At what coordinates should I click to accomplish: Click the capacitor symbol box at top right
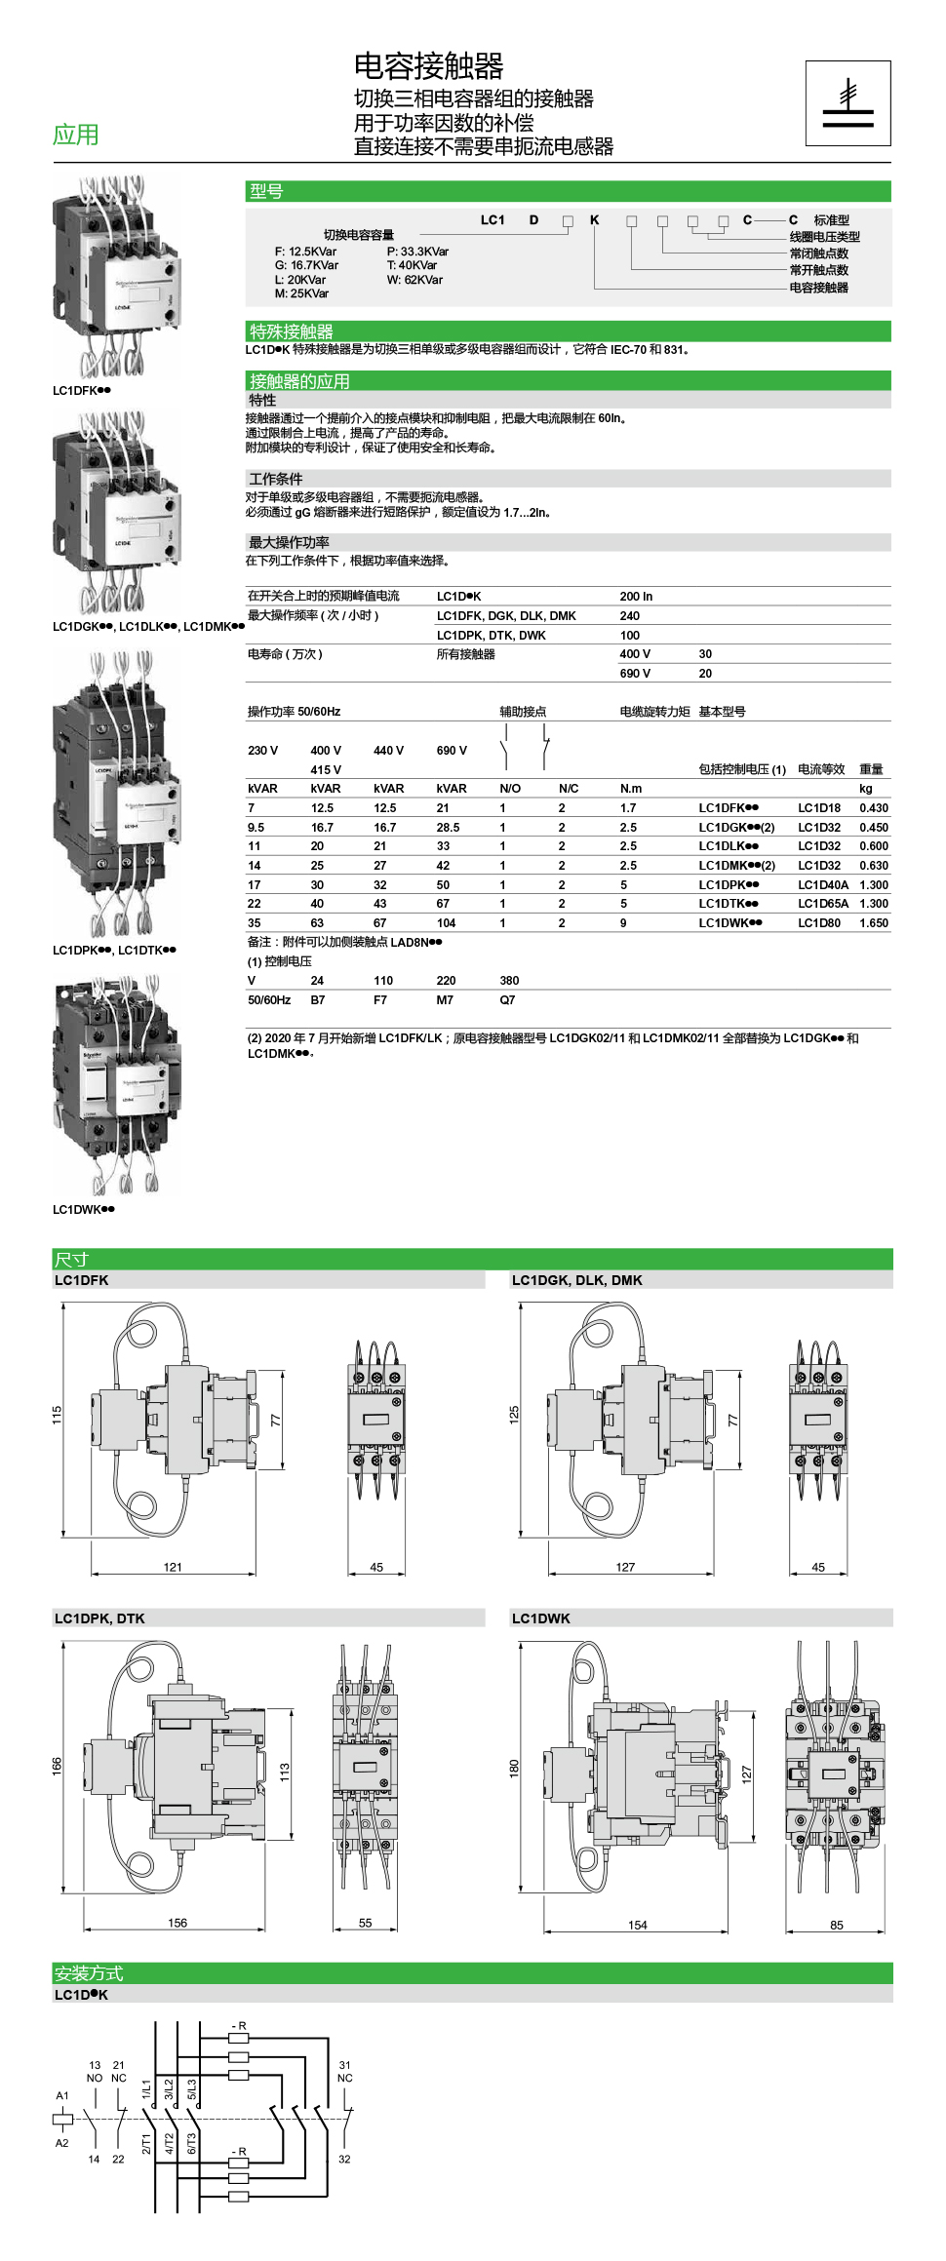[x=847, y=102]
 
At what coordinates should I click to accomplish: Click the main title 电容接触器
[x=428, y=66]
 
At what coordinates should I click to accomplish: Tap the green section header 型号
[x=266, y=191]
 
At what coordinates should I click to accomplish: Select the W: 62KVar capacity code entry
[x=414, y=280]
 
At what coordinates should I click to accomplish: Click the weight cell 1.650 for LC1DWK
[x=873, y=922]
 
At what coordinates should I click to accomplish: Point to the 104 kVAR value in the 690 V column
[x=446, y=922]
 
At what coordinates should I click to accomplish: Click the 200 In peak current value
[x=636, y=596]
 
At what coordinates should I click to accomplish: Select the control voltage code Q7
[x=507, y=999]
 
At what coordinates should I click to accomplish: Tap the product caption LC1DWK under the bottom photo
[x=83, y=1209]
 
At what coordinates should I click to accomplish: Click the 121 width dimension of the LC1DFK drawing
[x=173, y=1567]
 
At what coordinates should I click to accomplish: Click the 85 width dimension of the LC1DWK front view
[x=836, y=1925]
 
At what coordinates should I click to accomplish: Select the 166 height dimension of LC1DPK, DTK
[x=57, y=1765]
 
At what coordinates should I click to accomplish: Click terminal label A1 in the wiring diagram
[x=62, y=2094]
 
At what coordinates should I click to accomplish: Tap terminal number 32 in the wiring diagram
[x=344, y=2159]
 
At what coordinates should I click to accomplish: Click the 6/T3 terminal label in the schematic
[x=192, y=2143]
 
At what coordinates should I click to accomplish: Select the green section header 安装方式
[x=89, y=1972]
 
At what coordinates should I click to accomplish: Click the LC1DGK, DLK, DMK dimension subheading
[x=576, y=1280]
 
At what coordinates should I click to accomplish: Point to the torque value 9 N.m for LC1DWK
[x=623, y=922]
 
